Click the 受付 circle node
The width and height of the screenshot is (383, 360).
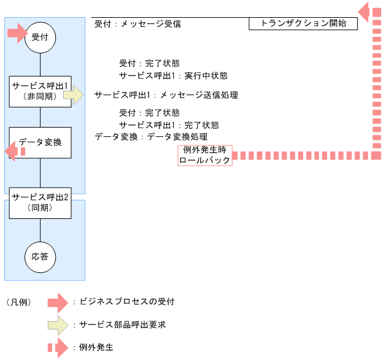point(41,37)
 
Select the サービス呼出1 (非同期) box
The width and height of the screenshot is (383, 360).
point(41,91)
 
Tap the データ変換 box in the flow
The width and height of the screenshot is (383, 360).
point(41,142)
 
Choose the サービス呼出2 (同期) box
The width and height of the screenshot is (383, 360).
point(41,203)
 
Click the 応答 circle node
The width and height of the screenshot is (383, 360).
point(41,257)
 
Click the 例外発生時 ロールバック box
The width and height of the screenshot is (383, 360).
point(204,155)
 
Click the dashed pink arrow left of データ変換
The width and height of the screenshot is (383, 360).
point(15,151)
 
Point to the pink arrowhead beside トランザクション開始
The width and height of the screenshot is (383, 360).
point(367,11)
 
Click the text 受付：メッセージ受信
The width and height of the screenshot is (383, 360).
point(137,25)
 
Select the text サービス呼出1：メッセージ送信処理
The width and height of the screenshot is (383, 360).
point(166,96)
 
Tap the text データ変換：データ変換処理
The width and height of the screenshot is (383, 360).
point(150,137)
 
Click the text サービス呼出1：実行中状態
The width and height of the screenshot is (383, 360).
point(173,75)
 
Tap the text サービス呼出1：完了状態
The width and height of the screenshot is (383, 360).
point(169,125)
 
